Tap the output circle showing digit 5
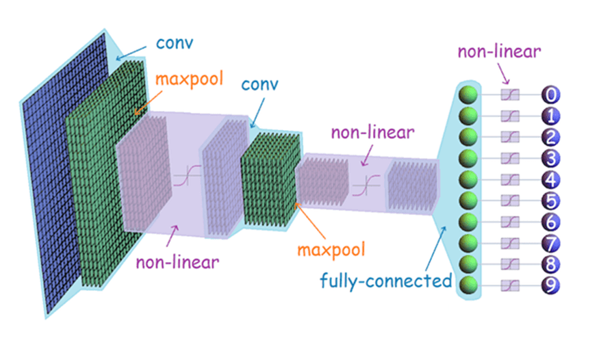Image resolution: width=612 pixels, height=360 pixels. coord(551,201)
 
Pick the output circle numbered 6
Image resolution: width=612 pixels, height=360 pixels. coord(551,222)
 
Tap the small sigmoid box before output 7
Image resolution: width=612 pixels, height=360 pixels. coord(509,243)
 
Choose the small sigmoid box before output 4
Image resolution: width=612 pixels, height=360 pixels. coord(509,180)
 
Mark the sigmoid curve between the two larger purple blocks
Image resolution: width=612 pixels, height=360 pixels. coord(185,177)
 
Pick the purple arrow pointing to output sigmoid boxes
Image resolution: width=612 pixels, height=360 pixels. coord(502,74)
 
